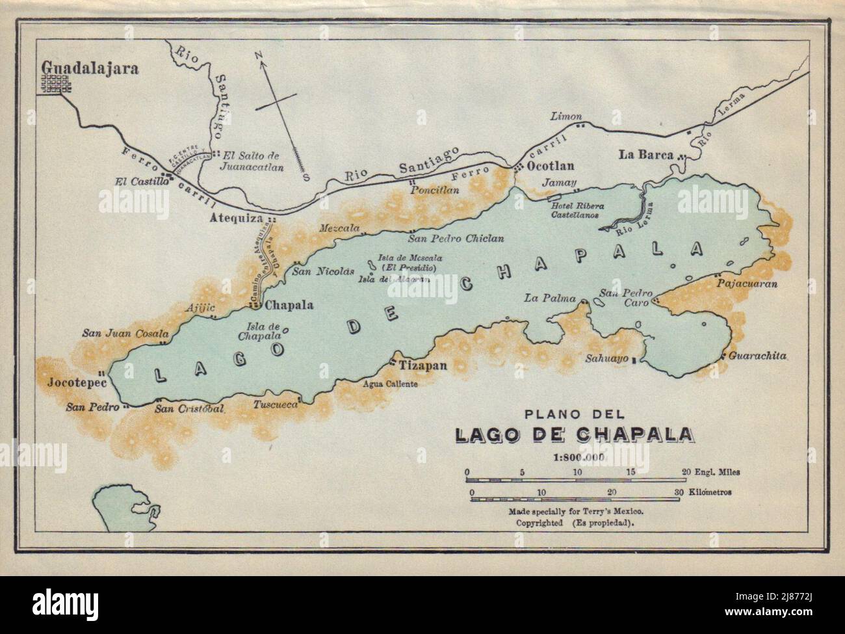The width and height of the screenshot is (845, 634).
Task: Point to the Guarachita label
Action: tap(758, 356)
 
